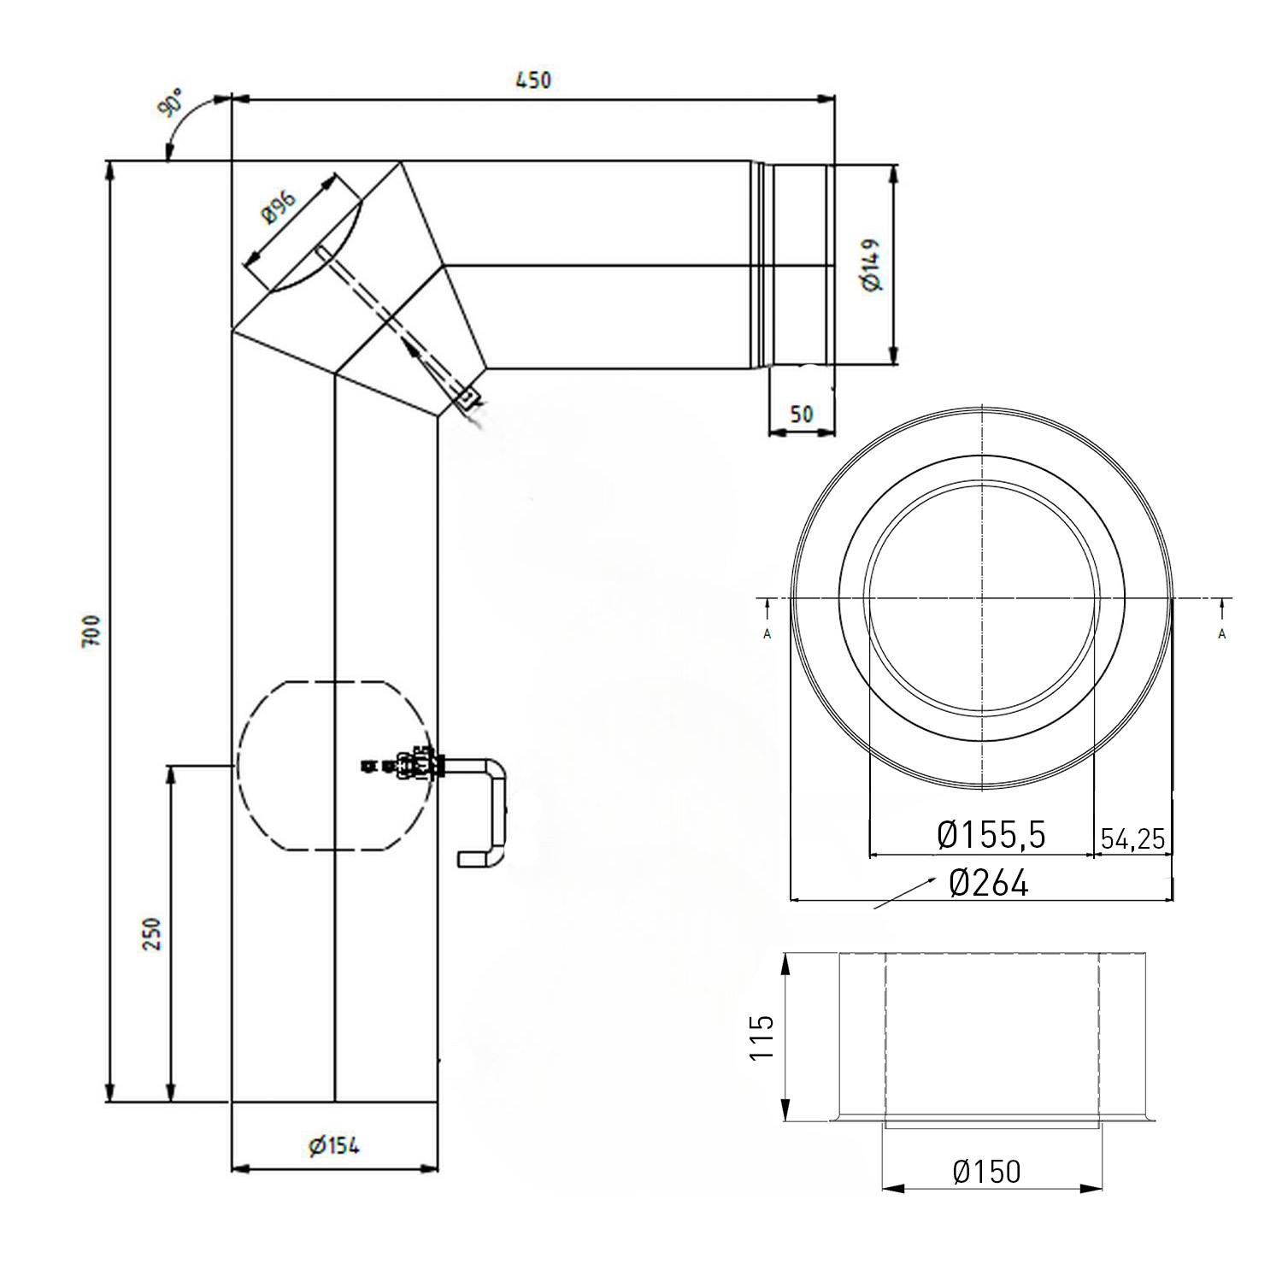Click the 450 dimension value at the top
point(533,80)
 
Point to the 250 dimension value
point(151,935)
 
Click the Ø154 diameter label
point(334,1145)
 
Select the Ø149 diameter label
point(873,265)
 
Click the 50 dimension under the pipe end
point(801,415)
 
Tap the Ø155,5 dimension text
point(991,835)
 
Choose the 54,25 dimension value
point(1132,838)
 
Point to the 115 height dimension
point(762,1037)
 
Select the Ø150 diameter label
point(986,1171)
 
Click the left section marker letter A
point(767,633)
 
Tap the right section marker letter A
point(1222,633)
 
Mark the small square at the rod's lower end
point(468,397)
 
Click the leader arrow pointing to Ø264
point(902,894)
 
